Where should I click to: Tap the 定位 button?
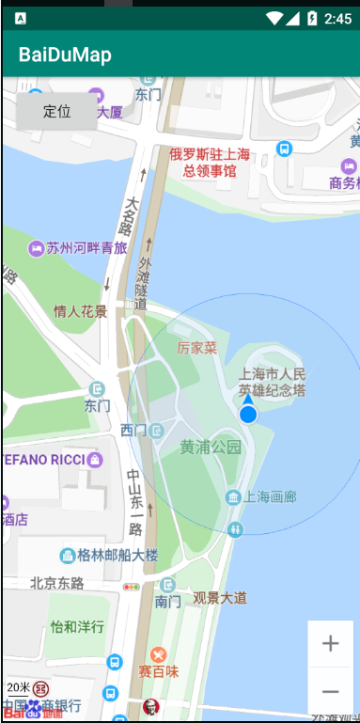tap(57, 111)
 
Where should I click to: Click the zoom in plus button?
tap(330, 644)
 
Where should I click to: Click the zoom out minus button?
tap(330, 692)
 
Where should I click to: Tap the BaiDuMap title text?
tap(65, 55)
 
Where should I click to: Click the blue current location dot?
tap(248, 414)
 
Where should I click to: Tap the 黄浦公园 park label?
tap(211, 447)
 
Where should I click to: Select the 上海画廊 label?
tap(270, 496)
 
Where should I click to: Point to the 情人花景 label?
tap(80, 311)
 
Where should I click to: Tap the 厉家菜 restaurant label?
tap(197, 348)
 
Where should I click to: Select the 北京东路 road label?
tap(57, 583)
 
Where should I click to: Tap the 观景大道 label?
tap(220, 597)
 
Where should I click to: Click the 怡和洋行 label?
tap(77, 626)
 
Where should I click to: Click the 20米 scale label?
tap(19, 687)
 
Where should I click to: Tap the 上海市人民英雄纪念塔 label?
tap(273, 381)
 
